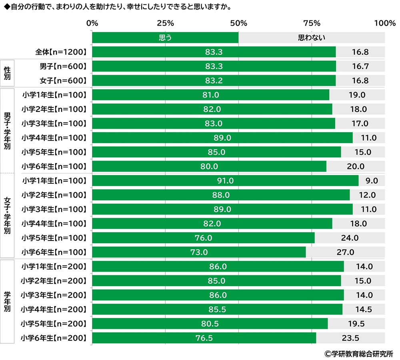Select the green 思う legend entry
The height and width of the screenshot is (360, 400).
pos(165,38)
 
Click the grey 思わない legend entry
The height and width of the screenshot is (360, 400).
pos(312,38)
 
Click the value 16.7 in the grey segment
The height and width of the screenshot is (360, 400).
pos(360,66)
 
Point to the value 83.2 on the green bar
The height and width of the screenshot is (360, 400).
pos(214,81)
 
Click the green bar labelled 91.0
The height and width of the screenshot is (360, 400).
pos(225,181)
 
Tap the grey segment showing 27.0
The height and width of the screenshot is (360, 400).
pos(345,253)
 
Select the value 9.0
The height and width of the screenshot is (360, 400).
pos(372,181)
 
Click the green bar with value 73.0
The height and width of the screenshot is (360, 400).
pos(199,253)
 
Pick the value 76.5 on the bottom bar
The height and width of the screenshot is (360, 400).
pos(204,338)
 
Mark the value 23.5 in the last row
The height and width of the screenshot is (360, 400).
pos(350,338)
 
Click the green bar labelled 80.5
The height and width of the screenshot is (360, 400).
pos(210,324)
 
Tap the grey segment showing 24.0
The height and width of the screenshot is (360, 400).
pos(350,238)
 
